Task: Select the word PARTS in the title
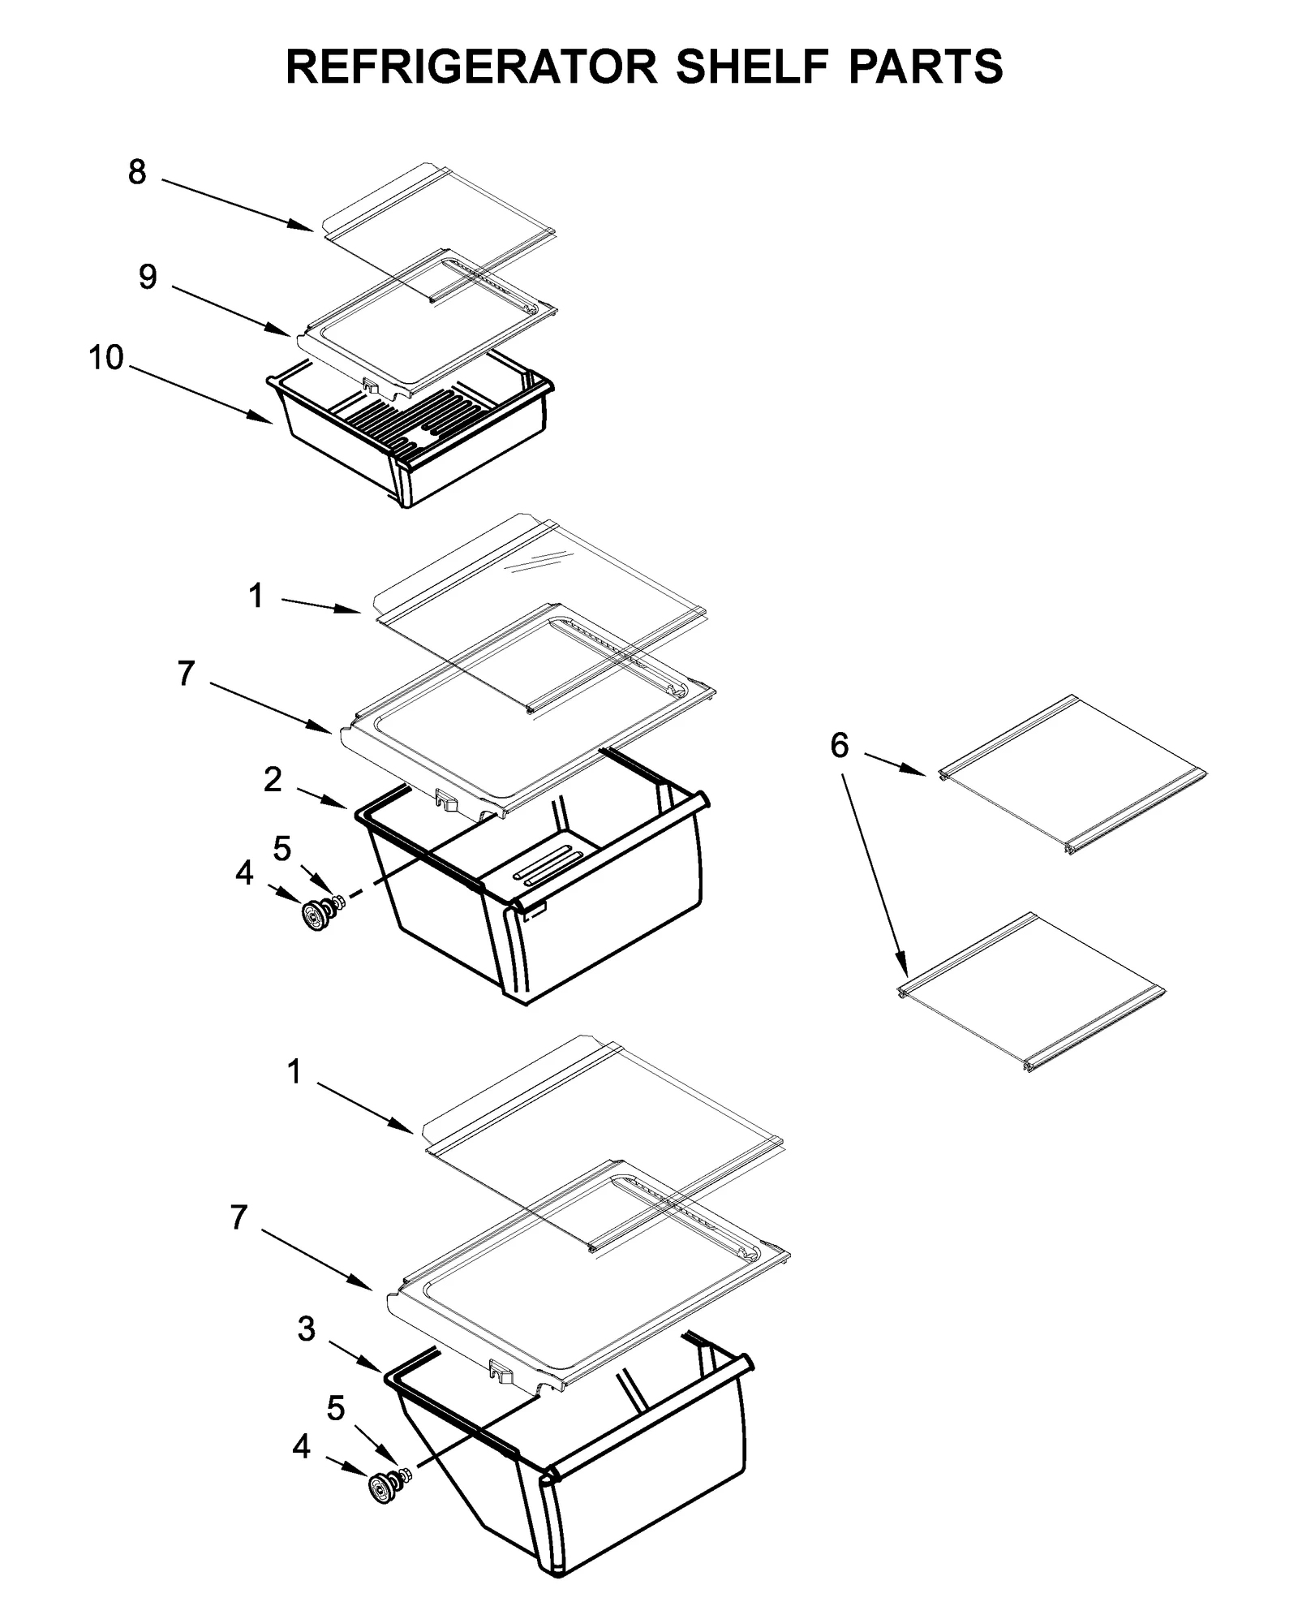pos(926,67)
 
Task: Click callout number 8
pos(137,172)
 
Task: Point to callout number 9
pos(148,278)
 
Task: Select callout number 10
pos(106,357)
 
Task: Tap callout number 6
pos(840,745)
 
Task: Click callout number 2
pos(273,779)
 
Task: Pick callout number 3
pos(306,1329)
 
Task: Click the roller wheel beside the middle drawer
pos(313,915)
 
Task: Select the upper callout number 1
pos(256,596)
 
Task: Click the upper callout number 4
pos(244,874)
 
